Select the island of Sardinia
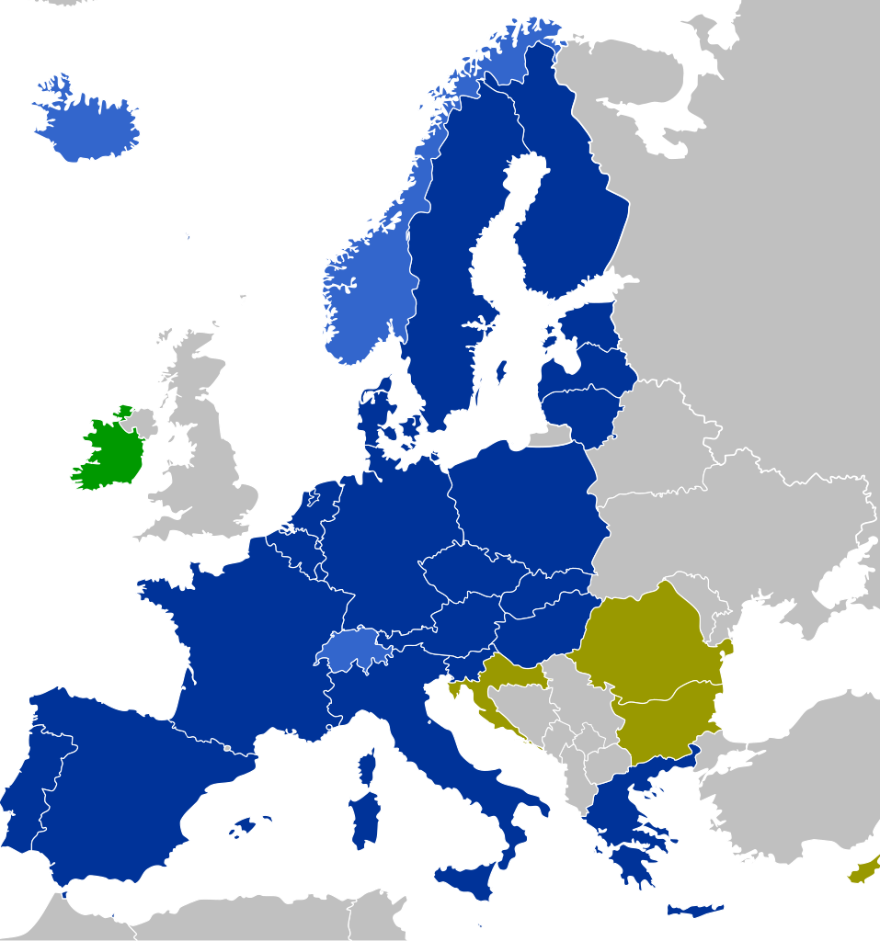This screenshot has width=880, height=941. (x=364, y=817)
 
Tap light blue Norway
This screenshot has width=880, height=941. (x=363, y=294)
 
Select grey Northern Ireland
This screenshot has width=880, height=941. (x=141, y=422)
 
